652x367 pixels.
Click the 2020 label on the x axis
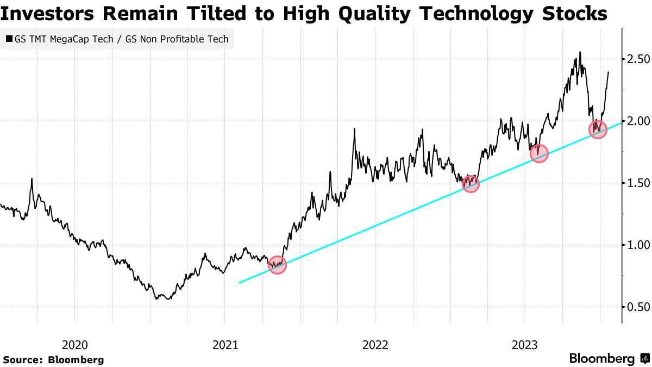[x=75, y=345]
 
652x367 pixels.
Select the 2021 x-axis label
[x=225, y=345]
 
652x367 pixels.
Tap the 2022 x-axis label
[x=375, y=345]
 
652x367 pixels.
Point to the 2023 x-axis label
[x=525, y=345]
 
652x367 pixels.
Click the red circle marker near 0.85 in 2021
[x=277, y=265]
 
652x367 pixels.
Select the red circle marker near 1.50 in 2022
[x=471, y=184]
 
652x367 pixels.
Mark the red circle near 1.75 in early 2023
[x=539, y=154]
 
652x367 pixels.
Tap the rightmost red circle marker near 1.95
[x=598, y=129]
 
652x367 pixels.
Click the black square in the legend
[x=9, y=39]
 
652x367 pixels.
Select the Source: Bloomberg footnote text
[x=53, y=360]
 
